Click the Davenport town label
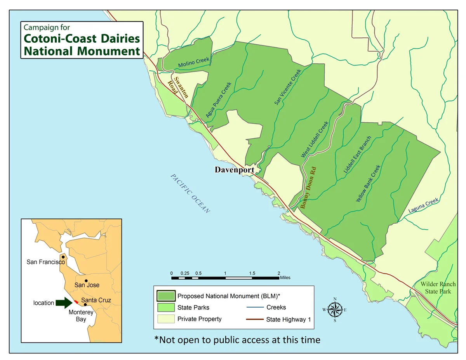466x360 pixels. [235, 170]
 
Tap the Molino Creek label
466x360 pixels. [194, 62]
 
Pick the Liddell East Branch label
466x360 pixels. [357, 155]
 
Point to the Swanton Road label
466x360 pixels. [178, 87]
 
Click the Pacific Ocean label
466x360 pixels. [190, 193]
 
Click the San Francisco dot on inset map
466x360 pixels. [63, 257]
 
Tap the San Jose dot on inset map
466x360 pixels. [86, 280]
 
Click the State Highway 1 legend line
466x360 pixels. [254, 320]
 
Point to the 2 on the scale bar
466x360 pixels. [278, 273]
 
